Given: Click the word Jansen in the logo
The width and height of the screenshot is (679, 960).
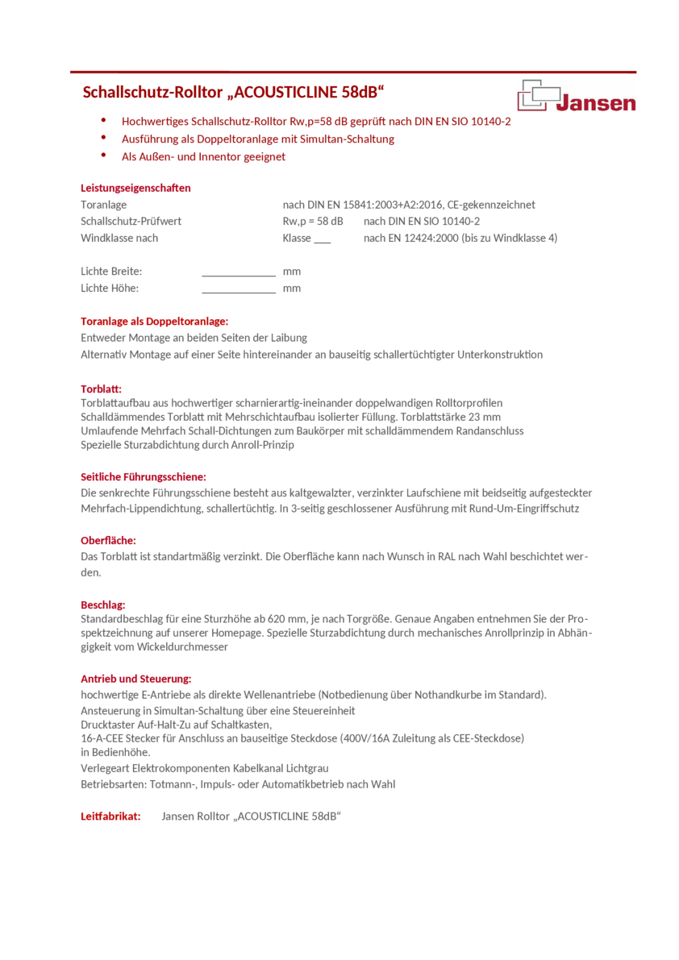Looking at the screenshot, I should [596, 102].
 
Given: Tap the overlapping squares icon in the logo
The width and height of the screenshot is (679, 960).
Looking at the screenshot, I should [539, 94].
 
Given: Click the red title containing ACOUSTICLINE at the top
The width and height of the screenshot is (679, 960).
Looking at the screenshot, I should [234, 91].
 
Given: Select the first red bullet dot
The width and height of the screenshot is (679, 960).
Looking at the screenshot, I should [103, 120].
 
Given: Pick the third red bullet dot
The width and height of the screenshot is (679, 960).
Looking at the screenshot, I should [103, 156].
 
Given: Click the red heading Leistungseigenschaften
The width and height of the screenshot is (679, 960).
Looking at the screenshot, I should [135, 188].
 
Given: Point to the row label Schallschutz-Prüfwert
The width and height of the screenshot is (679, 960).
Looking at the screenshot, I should [131, 221].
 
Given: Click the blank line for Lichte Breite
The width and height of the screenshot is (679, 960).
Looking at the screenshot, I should [239, 274].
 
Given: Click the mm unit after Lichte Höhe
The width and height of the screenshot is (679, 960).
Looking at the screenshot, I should [292, 289].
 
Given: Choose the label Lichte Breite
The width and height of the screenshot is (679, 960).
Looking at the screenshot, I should [111, 272].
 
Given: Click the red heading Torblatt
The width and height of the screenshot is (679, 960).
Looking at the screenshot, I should [101, 388].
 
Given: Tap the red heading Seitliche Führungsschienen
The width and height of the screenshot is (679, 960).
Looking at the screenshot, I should [144, 476].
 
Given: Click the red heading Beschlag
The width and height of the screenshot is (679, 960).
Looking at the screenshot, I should [103, 604].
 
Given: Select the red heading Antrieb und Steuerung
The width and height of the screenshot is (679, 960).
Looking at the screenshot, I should [135, 679].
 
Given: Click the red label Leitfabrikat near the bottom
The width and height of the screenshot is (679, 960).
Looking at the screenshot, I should [110, 816].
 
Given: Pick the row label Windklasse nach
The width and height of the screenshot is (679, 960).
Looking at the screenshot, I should [119, 238].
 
